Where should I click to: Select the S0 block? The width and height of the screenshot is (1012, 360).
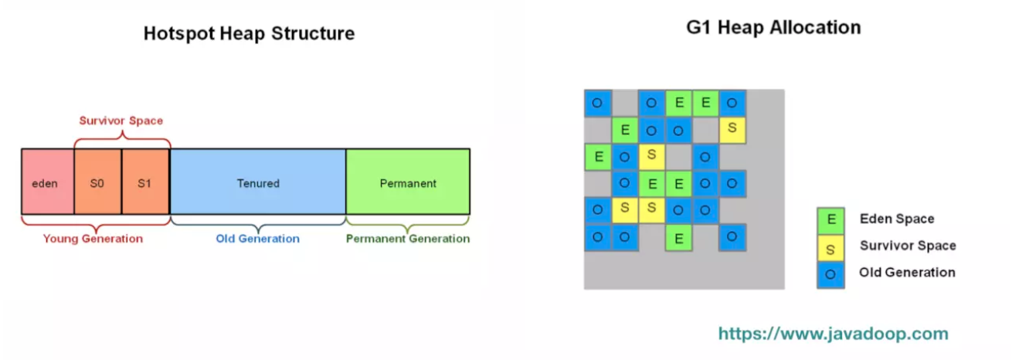pos(98,184)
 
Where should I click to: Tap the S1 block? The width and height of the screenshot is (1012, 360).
pos(145,184)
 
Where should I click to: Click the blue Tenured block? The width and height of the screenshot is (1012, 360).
pos(258,184)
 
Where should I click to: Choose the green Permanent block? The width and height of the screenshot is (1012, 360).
pos(408,184)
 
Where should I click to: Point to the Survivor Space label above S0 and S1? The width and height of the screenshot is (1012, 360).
pos(121,121)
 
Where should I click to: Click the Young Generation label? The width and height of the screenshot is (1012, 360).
pos(93,239)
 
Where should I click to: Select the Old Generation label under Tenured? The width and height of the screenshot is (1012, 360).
pos(257,239)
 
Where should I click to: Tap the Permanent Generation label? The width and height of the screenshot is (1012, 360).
pos(408,239)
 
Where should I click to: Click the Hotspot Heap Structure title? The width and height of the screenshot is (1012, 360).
pos(249,34)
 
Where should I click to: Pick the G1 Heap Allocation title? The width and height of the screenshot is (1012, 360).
pos(773,28)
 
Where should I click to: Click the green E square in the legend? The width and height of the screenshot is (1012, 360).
pos(830,220)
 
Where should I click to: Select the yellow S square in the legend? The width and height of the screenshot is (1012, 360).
pos(830,247)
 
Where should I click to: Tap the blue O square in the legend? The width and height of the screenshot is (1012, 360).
pos(830,273)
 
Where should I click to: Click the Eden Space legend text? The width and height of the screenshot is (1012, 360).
pos(897,219)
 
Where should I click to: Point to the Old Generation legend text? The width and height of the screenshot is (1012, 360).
pos(907,272)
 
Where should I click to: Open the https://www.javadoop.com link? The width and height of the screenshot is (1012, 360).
pos(833,335)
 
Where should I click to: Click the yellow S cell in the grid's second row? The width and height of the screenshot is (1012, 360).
pos(732,129)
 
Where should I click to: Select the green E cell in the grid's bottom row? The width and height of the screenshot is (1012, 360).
pos(678,238)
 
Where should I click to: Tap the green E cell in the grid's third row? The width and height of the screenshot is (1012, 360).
pos(598,157)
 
